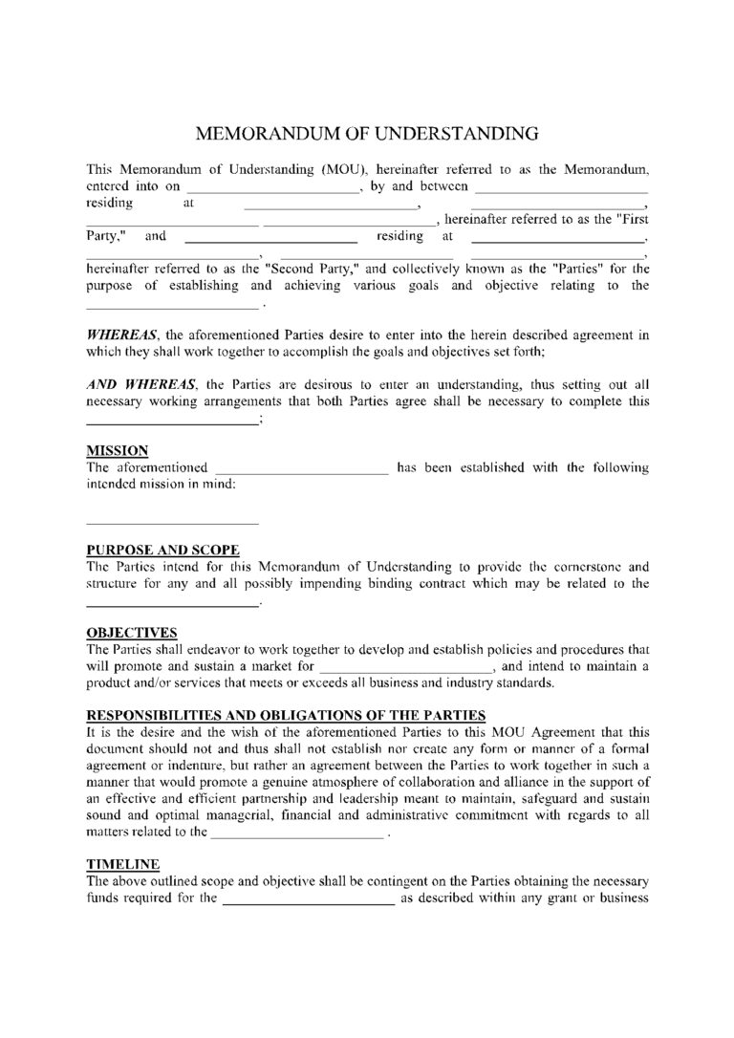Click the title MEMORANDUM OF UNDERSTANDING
coord(367,132)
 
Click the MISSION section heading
coord(117,450)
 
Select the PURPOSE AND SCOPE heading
coord(162,550)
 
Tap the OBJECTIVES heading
coord(132,633)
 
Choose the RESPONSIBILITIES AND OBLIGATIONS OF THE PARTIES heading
coord(287,715)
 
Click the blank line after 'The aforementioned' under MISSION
coord(302,468)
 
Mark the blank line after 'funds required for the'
coord(309,898)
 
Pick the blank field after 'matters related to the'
coord(297,833)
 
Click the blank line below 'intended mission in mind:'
coord(172,523)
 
